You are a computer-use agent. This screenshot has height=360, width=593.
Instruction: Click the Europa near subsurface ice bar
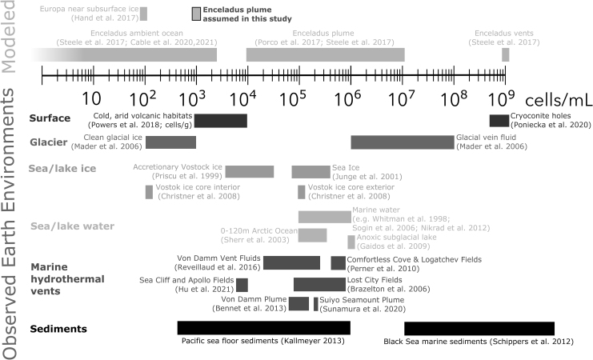[143, 14]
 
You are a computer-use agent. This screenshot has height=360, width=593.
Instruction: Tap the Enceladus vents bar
[505, 54]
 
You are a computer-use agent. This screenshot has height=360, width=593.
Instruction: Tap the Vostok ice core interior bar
[149, 191]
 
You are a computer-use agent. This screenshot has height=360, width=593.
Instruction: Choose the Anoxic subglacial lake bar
[351, 242]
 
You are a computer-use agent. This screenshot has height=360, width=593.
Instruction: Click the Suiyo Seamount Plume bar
[316, 303]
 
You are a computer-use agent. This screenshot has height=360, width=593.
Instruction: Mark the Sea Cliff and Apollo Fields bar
[242, 285]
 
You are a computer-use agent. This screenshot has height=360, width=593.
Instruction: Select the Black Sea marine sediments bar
[479, 328]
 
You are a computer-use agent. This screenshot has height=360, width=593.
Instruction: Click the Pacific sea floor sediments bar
[263, 328]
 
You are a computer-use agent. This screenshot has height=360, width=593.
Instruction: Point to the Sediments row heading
[58, 329]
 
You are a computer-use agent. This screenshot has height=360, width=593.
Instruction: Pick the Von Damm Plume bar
[299, 303]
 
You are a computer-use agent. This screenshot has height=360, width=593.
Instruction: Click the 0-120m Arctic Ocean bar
[312, 234]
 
